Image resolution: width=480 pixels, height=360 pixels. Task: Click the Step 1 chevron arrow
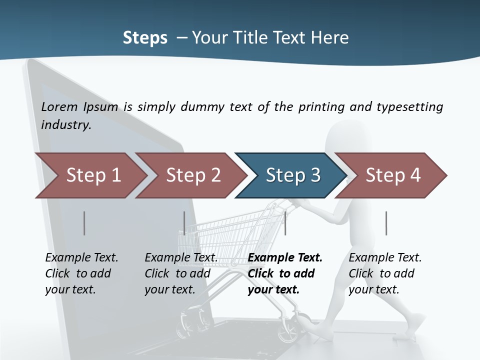point(92,175)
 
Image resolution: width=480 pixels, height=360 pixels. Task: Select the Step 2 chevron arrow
point(192,175)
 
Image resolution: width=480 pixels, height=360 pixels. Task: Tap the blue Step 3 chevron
point(292,175)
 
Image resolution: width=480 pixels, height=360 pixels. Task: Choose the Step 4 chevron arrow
point(392,175)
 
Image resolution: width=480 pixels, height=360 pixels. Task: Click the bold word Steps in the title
point(145,37)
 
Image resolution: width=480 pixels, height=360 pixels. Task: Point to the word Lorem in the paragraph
point(60,106)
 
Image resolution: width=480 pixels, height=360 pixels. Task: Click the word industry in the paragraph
point(66,125)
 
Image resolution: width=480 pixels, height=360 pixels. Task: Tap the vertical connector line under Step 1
point(84,223)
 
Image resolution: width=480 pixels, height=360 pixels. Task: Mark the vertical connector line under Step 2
point(184,223)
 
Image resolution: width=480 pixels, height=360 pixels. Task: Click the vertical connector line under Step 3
point(285,223)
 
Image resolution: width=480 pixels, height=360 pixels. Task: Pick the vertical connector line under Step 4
point(386,223)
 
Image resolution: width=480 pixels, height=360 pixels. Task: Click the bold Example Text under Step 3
point(285,273)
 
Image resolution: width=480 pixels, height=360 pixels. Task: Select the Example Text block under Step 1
point(81,273)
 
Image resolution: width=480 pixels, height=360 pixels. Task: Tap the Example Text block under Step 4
point(385,273)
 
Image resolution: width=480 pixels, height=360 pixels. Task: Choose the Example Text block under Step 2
point(181,273)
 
